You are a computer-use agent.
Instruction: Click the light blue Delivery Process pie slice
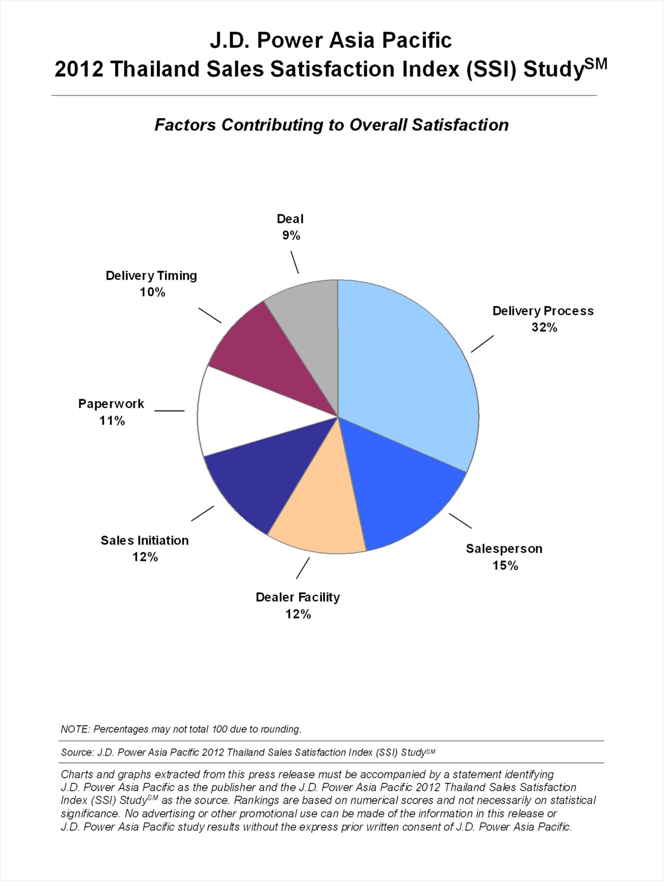point(404,369)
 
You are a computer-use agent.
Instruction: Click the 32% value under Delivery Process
point(544,328)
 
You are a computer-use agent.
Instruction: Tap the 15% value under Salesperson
point(505,566)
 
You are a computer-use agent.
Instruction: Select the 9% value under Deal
point(291,236)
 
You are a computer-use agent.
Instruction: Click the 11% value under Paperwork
point(112,421)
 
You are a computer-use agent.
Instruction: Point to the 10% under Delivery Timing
point(152,292)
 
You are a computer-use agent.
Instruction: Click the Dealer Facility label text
point(298,597)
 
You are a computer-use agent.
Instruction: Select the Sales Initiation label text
point(145,540)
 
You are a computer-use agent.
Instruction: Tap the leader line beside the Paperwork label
point(169,410)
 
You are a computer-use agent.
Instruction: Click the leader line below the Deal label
point(295,262)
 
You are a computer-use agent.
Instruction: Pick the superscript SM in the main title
point(596,64)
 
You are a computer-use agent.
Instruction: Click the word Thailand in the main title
point(155,69)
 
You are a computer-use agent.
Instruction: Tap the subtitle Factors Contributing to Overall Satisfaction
point(331,125)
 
